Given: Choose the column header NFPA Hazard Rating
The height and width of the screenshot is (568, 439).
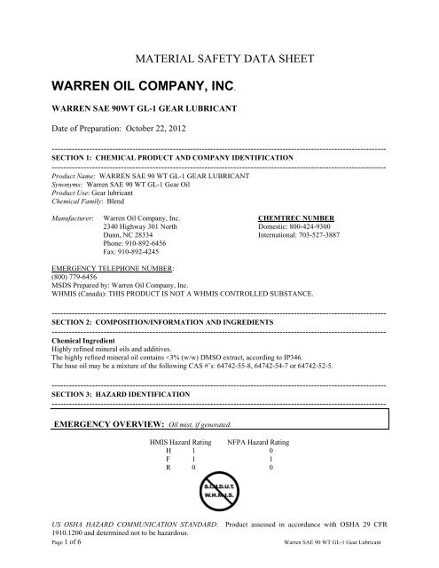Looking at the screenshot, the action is click(x=259, y=440).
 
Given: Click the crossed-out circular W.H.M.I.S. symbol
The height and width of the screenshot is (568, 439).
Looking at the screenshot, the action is click(x=220, y=505).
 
